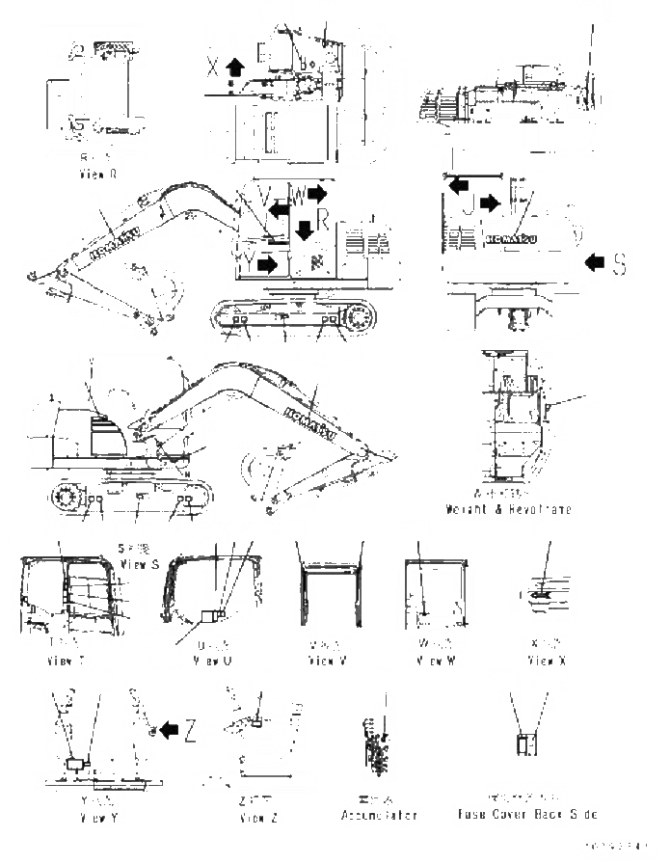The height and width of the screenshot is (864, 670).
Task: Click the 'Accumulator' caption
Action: (x=379, y=816)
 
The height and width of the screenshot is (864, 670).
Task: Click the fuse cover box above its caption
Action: (x=526, y=745)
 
